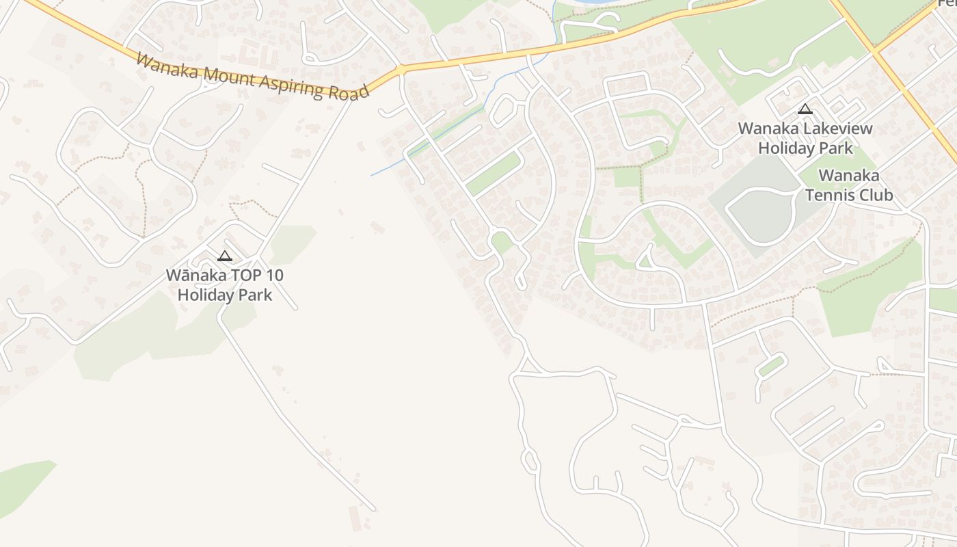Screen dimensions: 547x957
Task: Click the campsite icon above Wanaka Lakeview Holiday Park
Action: tap(805, 109)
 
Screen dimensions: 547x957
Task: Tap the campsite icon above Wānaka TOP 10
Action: tap(224, 256)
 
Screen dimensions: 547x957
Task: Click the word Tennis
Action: tap(830, 195)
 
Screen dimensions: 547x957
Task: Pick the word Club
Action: tap(874, 195)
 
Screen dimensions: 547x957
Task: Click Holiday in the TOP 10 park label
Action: tap(204, 295)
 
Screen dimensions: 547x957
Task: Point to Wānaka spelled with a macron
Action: tap(193, 276)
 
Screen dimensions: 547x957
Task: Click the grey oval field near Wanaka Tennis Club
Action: tap(759, 215)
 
